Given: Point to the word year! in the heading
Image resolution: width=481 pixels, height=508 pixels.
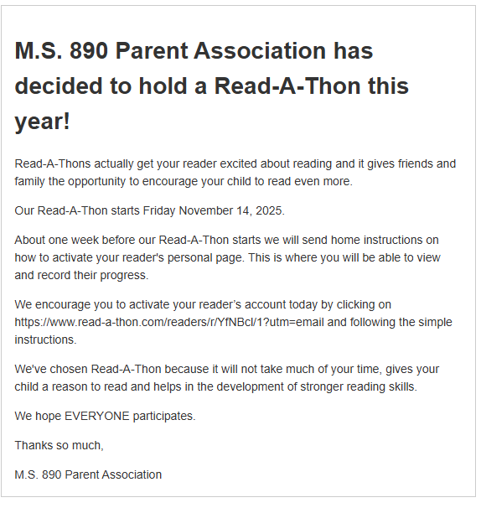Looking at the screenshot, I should click(43, 122).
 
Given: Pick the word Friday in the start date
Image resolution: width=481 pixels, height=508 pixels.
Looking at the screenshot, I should click(161, 210).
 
